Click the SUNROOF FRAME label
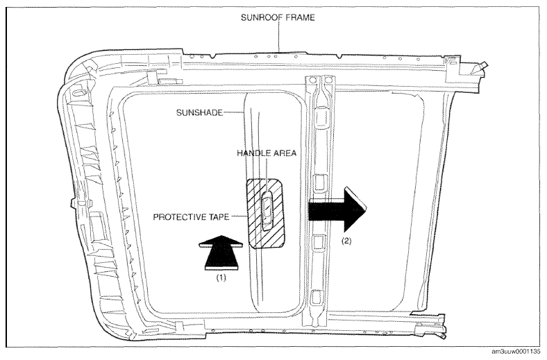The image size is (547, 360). [x=278, y=17]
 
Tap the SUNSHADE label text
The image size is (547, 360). [x=199, y=112]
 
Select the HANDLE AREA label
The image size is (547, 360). [x=267, y=153]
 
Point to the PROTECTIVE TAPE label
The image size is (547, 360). [x=191, y=217]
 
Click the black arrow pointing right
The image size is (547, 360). [x=337, y=209]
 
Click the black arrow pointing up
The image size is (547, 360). [x=221, y=252]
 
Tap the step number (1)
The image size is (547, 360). [x=221, y=277]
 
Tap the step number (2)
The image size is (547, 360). [x=346, y=241]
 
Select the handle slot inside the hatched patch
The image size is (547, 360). [x=267, y=210]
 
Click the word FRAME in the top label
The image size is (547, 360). [x=300, y=17]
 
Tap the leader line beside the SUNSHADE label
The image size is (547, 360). [x=233, y=112]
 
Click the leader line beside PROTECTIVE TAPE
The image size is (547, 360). [x=239, y=216]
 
